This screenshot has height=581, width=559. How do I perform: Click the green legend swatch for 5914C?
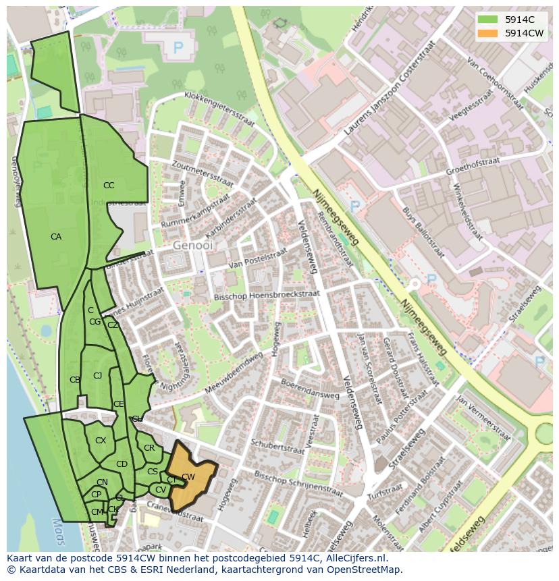click(x=487, y=20)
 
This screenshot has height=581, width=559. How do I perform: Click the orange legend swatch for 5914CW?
click(x=487, y=33)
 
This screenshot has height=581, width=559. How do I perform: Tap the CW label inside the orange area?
click(x=188, y=477)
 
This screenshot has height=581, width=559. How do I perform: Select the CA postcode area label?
click(x=56, y=237)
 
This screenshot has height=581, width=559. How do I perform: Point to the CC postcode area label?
click(x=109, y=186)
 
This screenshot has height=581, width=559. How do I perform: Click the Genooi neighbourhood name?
click(x=192, y=246)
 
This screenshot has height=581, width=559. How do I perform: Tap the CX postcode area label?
click(x=101, y=441)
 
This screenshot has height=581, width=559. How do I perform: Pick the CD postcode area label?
click(x=122, y=464)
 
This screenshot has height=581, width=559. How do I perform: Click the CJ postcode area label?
click(x=97, y=376)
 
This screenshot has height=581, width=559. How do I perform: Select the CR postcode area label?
click(x=149, y=448)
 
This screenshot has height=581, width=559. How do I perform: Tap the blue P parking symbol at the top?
click(x=178, y=47)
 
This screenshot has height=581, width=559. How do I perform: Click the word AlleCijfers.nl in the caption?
click(x=354, y=558)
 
